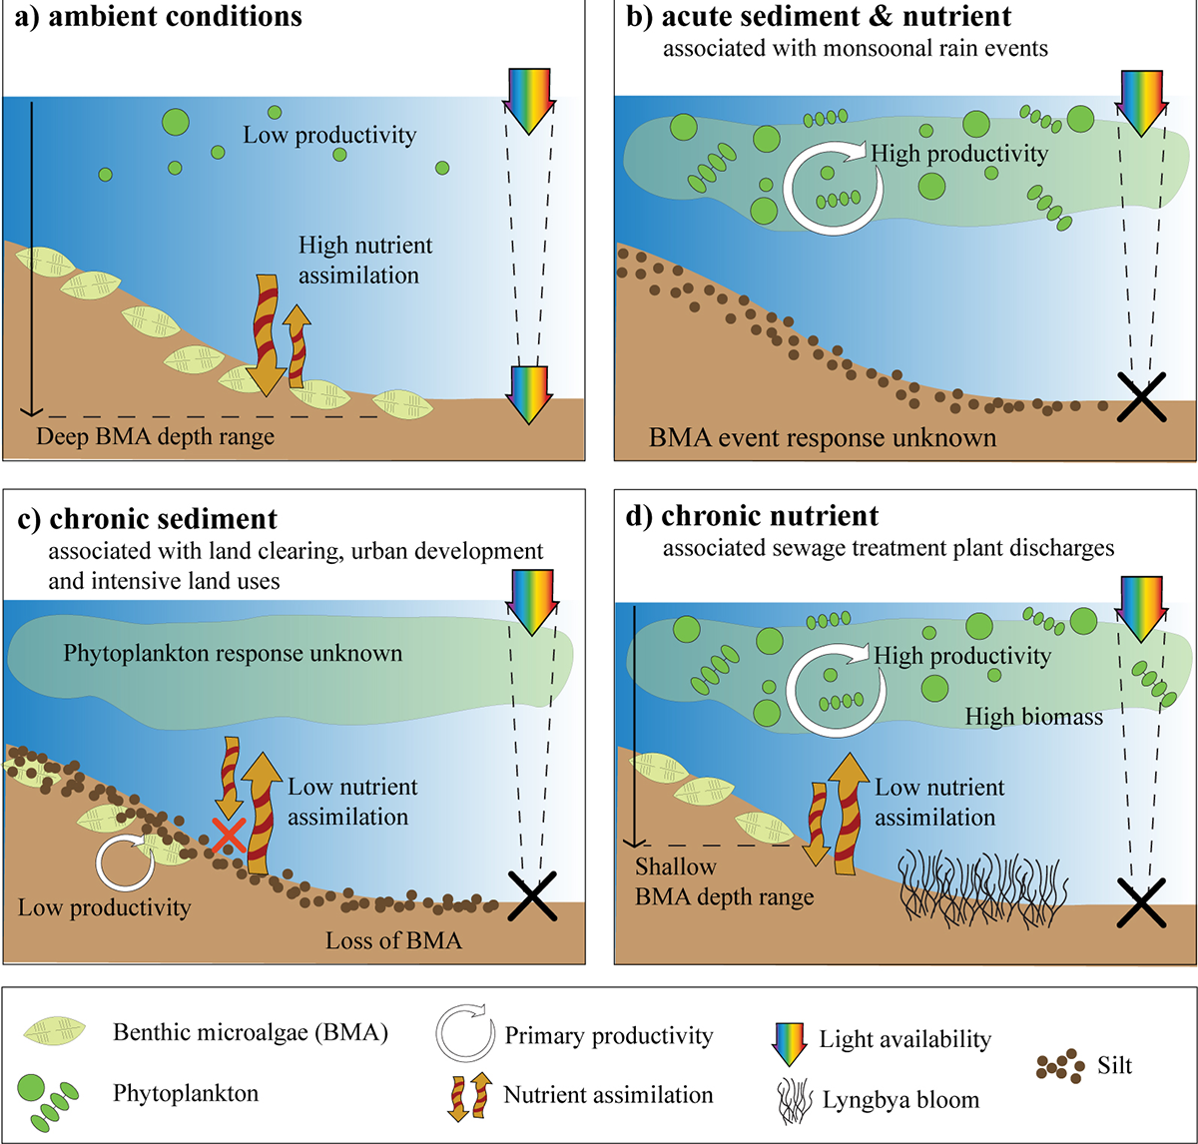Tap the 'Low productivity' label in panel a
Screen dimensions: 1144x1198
[329, 135]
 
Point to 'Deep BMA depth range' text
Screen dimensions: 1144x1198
[155, 436]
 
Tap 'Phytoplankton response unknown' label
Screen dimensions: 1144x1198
[233, 654]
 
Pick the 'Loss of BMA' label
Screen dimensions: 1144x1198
[393, 939]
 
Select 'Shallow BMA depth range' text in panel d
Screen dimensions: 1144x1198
[725, 882]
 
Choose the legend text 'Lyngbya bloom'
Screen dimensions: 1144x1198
[900, 1100]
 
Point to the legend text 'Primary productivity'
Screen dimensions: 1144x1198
[608, 1035]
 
